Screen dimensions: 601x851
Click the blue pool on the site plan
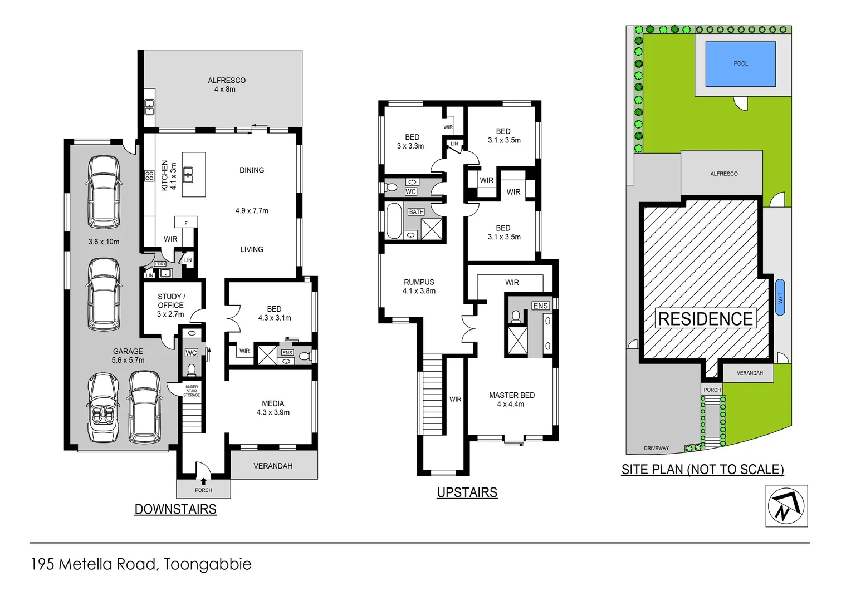(740, 64)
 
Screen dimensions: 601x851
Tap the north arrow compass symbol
(786, 506)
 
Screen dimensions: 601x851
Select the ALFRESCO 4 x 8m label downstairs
(226, 85)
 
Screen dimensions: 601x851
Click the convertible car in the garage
(103, 408)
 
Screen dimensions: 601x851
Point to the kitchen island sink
(188, 175)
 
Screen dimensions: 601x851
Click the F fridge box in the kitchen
(186, 223)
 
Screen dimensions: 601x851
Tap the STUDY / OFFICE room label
(170, 305)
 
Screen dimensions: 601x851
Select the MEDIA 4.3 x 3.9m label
(273, 408)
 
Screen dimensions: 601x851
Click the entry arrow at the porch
(203, 481)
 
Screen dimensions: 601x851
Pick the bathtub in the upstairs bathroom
(394, 221)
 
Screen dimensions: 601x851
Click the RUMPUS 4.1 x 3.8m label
(419, 286)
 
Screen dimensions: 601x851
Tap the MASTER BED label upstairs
(511, 399)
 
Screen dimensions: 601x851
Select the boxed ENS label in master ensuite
(540, 306)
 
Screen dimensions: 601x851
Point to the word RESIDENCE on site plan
(705, 319)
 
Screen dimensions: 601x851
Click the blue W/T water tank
(780, 297)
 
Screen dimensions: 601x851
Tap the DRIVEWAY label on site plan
(656, 448)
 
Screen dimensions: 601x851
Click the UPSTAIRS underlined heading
(467, 492)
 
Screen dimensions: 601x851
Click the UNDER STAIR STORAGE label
(192, 391)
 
